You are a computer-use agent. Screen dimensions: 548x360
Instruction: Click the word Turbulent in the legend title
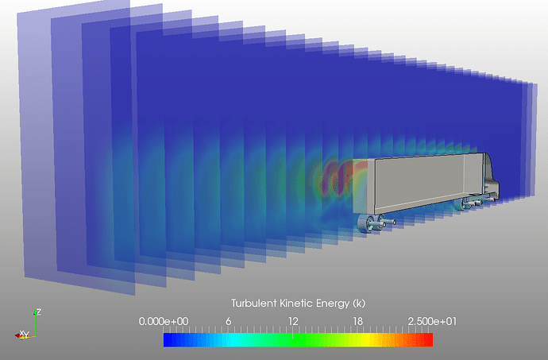click(x=254, y=303)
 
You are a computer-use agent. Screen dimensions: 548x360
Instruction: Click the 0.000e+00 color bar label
click(x=164, y=321)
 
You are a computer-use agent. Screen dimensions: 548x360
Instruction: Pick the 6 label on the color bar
click(x=228, y=321)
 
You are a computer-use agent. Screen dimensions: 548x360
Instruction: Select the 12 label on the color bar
click(x=293, y=321)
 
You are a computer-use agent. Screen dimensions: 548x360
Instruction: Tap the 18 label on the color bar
click(x=357, y=321)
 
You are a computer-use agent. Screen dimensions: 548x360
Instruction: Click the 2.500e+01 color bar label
click(x=432, y=321)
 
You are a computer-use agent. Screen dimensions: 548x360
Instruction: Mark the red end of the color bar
click(x=430, y=339)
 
